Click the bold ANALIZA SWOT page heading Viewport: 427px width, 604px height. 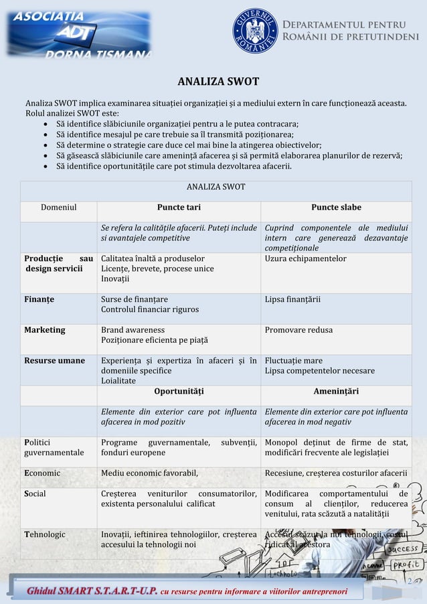coord(218,82)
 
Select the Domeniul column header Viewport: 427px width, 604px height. coord(59,208)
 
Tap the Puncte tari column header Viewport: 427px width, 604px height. coord(179,208)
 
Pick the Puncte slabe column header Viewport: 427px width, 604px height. coord(336,208)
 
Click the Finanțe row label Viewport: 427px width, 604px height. coord(39,299)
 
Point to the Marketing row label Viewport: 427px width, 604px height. coord(45,330)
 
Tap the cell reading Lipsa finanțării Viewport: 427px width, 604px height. coord(292,299)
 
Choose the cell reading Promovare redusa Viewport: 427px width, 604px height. coord(298,330)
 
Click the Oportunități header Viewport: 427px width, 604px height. coord(179,391)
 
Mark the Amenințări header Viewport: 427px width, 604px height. coord(336,391)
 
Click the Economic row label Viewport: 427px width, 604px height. coord(42,473)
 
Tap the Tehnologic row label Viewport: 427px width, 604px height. coord(45,534)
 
